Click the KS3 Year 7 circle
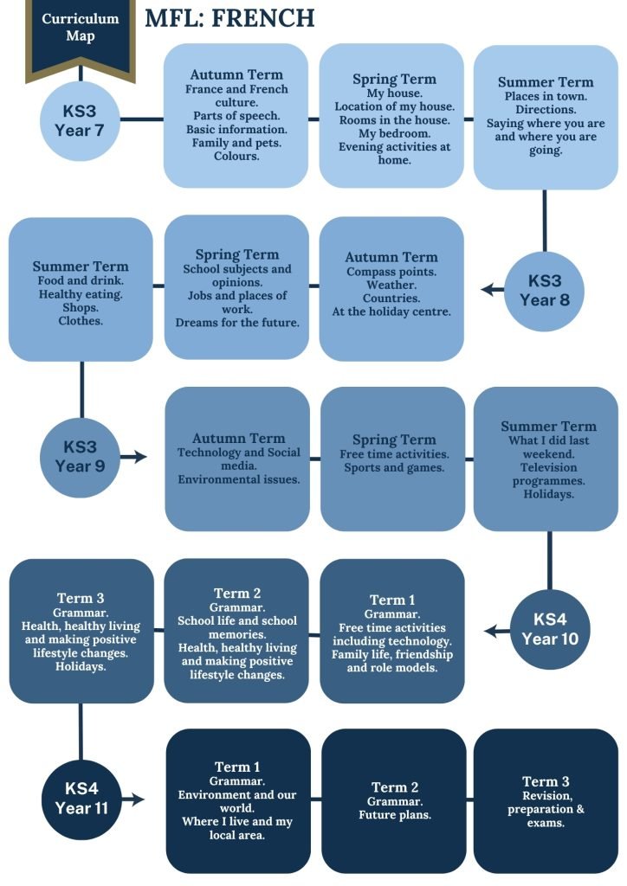[80, 120]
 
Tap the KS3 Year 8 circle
[545, 291]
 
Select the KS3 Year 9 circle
[81, 457]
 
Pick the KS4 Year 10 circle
[550, 629]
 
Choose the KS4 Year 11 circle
[81, 799]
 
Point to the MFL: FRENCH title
[229, 18]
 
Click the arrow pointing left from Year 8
[493, 290]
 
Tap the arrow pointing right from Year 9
[133, 457]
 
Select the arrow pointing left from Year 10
[497, 630]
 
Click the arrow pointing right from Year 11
[133, 799]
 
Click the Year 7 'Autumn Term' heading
[236, 74]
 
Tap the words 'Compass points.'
[391, 271]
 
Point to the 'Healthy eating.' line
[81, 294]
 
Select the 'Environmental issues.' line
[238, 479]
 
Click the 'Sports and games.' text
[394, 468]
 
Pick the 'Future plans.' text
[395, 815]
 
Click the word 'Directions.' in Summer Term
[546, 110]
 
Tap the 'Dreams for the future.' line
[237, 323]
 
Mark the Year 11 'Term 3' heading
[546, 781]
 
